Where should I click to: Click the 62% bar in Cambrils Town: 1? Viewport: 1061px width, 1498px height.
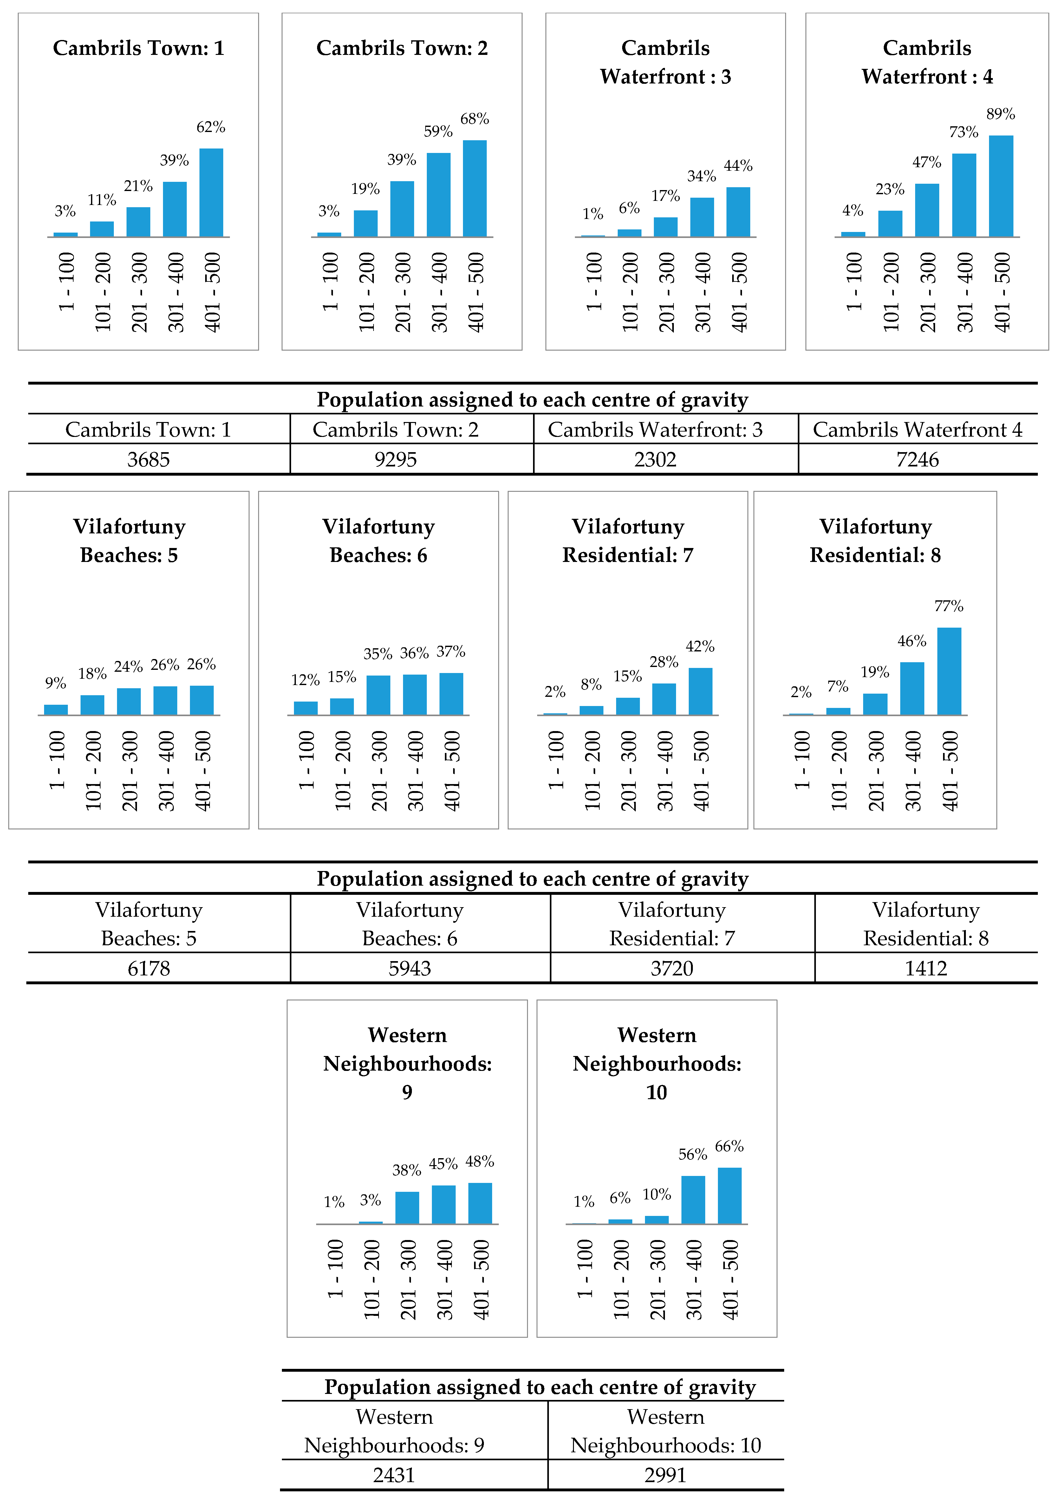[x=211, y=193]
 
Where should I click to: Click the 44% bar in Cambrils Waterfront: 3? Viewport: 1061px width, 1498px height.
[x=738, y=212]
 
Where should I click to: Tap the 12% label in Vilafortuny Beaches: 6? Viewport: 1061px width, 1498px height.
[x=305, y=680]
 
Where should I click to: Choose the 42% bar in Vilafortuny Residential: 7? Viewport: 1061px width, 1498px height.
[x=700, y=691]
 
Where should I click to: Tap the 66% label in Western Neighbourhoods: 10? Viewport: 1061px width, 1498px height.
[x=729, y=1146]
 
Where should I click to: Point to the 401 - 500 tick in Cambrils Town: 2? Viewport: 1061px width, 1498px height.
[x=476, y=292]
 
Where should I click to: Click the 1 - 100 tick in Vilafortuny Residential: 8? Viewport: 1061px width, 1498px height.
[x=802, y=760]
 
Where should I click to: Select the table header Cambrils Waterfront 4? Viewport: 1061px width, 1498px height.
[x=917, y=429]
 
